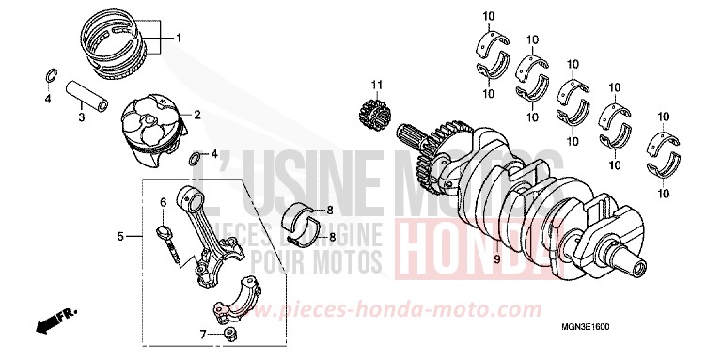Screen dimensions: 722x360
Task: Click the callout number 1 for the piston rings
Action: (x=179, y=39)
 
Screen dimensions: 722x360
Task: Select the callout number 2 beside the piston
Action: (x=197, y=115)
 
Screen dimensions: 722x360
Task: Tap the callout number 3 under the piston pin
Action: (x=81, y=117)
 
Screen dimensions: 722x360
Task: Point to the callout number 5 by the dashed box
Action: (x=120, y=236)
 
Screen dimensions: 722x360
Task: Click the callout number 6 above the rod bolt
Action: (x=162, y=202)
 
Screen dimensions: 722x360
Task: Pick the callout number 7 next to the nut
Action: (x=203, y=333)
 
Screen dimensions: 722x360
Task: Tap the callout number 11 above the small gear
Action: (x=375, y=87)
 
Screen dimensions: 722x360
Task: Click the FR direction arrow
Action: (x=53, y=322)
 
